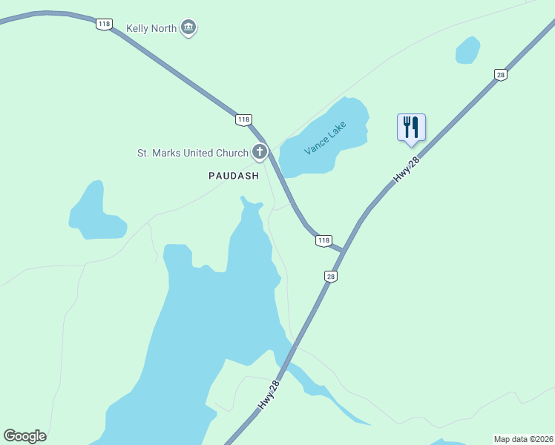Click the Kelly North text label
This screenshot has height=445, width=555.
[x=151, y=28]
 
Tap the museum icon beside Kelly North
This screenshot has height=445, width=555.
[x=189, y=28]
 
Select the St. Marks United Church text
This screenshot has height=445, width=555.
[x=193, y=154]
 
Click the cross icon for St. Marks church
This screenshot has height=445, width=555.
[x=260, y=153]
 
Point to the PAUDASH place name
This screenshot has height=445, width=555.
[x=233, y=176]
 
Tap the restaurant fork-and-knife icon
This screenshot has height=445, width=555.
[x=411, y=127]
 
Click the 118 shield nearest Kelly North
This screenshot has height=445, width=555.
[x=103, y=24]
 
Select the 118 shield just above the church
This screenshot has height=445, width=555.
[x=243, y=119]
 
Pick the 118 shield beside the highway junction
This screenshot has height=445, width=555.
[x=323, y=240]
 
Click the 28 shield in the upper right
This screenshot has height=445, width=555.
[x=501, y=74]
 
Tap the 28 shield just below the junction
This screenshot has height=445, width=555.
[x=331, y=276]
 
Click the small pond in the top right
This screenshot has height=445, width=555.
[x=467, y=50]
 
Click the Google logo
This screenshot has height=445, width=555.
[x=24, y=436]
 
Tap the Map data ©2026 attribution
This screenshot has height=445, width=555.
[x=523, y=438]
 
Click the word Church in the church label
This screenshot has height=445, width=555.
[x=231, y=154]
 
